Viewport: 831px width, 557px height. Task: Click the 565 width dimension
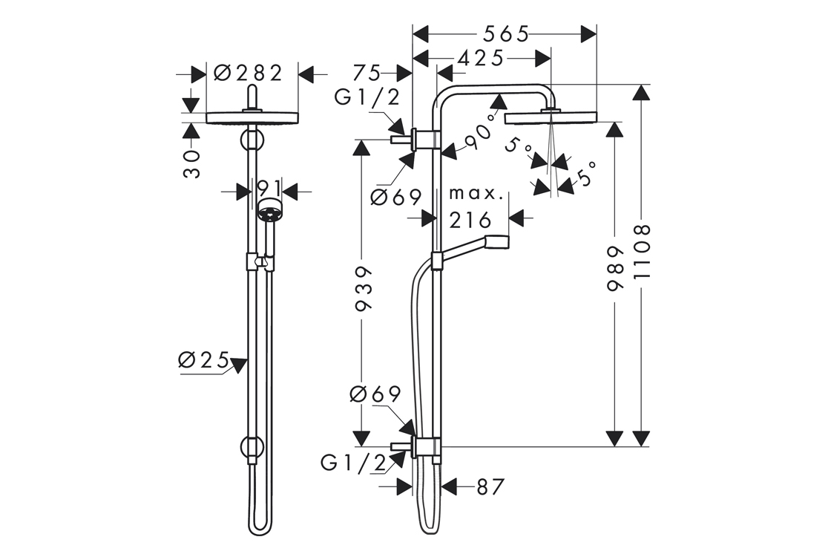pyautogui.click(x=505, y=34)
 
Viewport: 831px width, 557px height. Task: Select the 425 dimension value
pyautogui.click(x=481, y=58)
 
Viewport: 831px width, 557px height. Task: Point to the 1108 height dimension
pyautogui.click(x=642, y=252)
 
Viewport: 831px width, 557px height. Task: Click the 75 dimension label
pyautogui.click(x=366, y=72)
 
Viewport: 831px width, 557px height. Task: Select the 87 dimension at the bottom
pyautogui.click(x=490, y=487)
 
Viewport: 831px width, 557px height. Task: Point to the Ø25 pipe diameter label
pyautogui.click(x=203, y=360)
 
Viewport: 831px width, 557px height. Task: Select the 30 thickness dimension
pyautogui.click(x=192, y=163)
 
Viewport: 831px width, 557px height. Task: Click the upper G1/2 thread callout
pyautogui.click(x=367, y=97)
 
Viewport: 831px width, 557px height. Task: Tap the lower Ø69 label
pyautogui.click(x=375, y=394)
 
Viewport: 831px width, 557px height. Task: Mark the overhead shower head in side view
pyautogui.click(x=551, y=117)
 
